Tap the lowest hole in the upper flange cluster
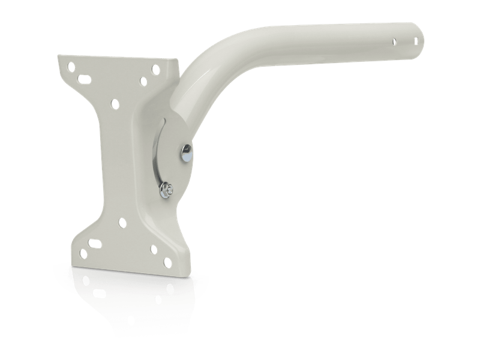coord(115,103)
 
